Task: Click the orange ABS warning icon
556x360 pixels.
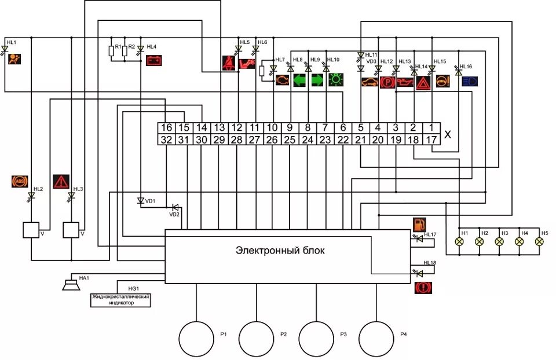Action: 20,181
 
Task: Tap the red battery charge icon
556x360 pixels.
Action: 154,60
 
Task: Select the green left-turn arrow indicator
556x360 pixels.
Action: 300,80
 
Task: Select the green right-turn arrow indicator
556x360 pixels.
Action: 318,80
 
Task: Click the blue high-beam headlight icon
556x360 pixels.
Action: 470,80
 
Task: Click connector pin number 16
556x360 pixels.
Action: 166,128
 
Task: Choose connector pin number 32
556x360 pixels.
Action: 166,139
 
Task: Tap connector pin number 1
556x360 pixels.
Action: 431,128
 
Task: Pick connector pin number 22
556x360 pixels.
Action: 343,139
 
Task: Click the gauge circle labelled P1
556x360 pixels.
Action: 196,339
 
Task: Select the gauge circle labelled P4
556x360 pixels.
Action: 377,339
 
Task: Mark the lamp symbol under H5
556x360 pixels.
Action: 539,241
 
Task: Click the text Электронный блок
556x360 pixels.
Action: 280,251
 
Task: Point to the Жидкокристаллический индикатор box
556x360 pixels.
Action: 120,300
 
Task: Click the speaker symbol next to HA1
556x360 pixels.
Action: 72,284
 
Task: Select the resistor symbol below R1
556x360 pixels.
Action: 111,52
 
